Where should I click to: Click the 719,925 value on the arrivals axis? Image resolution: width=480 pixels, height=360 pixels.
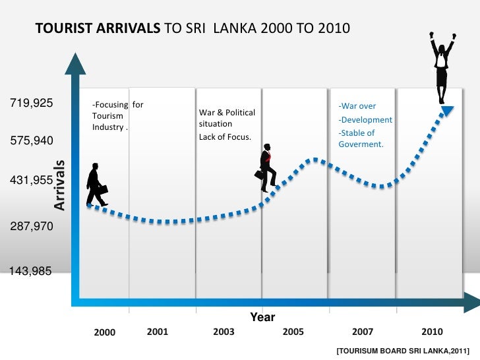coord(31,104)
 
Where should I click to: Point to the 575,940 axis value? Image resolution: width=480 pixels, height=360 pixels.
coord(31,141)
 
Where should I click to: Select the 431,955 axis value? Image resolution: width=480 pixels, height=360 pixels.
coord(31,179)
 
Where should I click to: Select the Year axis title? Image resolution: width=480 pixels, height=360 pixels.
coord(262,317)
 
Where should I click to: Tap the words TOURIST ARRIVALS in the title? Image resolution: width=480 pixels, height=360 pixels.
coord(97,29)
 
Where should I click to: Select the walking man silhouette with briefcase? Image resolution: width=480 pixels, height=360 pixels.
coord(96,184)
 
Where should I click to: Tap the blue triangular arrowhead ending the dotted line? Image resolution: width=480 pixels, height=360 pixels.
coord(446,111)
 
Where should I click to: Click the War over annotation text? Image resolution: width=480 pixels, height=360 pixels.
coord(357,106)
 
